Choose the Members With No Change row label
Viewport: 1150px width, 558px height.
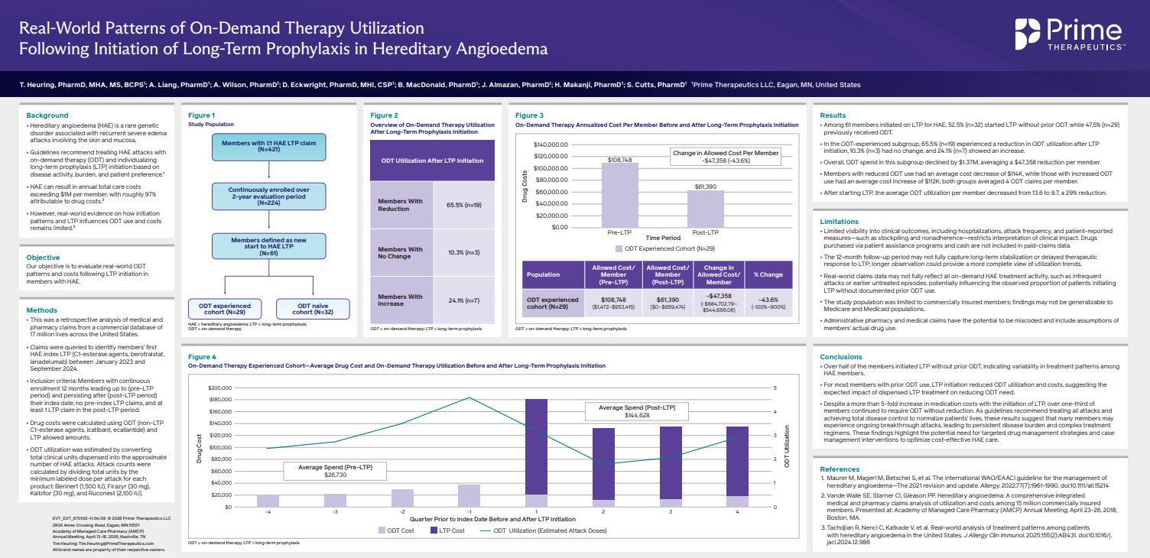pos(401,253)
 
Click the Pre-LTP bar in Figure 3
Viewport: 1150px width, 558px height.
pos(619,195)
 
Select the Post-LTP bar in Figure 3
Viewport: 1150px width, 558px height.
pos(706,209)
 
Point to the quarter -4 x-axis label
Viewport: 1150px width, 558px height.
pos(268,511)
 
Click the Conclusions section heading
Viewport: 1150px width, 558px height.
pos(841,357)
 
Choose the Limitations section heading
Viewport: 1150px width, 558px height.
pos(839,222)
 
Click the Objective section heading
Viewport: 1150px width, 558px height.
pos(43,258)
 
